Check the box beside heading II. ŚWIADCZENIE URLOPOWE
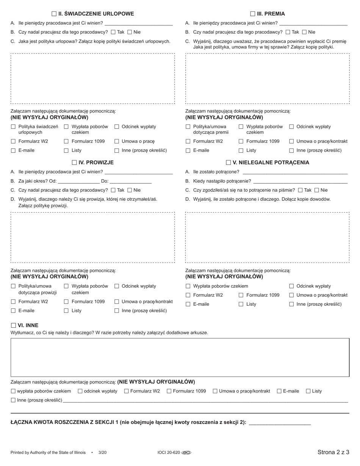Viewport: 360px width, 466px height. tap(54, 14)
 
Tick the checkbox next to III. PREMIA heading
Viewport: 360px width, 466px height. tap(253, 14)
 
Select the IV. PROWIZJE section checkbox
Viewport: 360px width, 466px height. tap(74, 163)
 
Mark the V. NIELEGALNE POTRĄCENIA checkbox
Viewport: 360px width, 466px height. tap(229, 163)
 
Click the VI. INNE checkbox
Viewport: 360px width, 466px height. tap(14, 325)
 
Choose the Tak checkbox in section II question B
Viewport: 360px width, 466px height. tap(113, 32)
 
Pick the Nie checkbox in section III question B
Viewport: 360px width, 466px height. tap(304, 32)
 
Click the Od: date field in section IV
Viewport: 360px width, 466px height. tap(79, 181)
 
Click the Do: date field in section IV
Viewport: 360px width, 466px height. tap(131, 181)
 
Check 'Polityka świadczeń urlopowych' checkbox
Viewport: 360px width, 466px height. tap(13, 127)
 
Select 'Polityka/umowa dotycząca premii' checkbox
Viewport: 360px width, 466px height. tap(188, 127)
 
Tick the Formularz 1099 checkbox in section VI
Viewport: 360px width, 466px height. tap(169, 391)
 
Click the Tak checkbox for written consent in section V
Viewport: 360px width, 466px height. tap(301, 190)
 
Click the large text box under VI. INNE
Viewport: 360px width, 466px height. tap(180, 357)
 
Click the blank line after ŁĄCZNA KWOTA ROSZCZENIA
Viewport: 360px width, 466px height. tap(280, 422)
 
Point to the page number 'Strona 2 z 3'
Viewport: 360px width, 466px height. tap(333, 452)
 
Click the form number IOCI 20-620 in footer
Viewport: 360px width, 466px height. tap(169, 452)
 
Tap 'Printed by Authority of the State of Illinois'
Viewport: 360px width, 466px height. tap(48, 452)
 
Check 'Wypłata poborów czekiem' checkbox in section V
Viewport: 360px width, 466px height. tap(188, 286)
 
